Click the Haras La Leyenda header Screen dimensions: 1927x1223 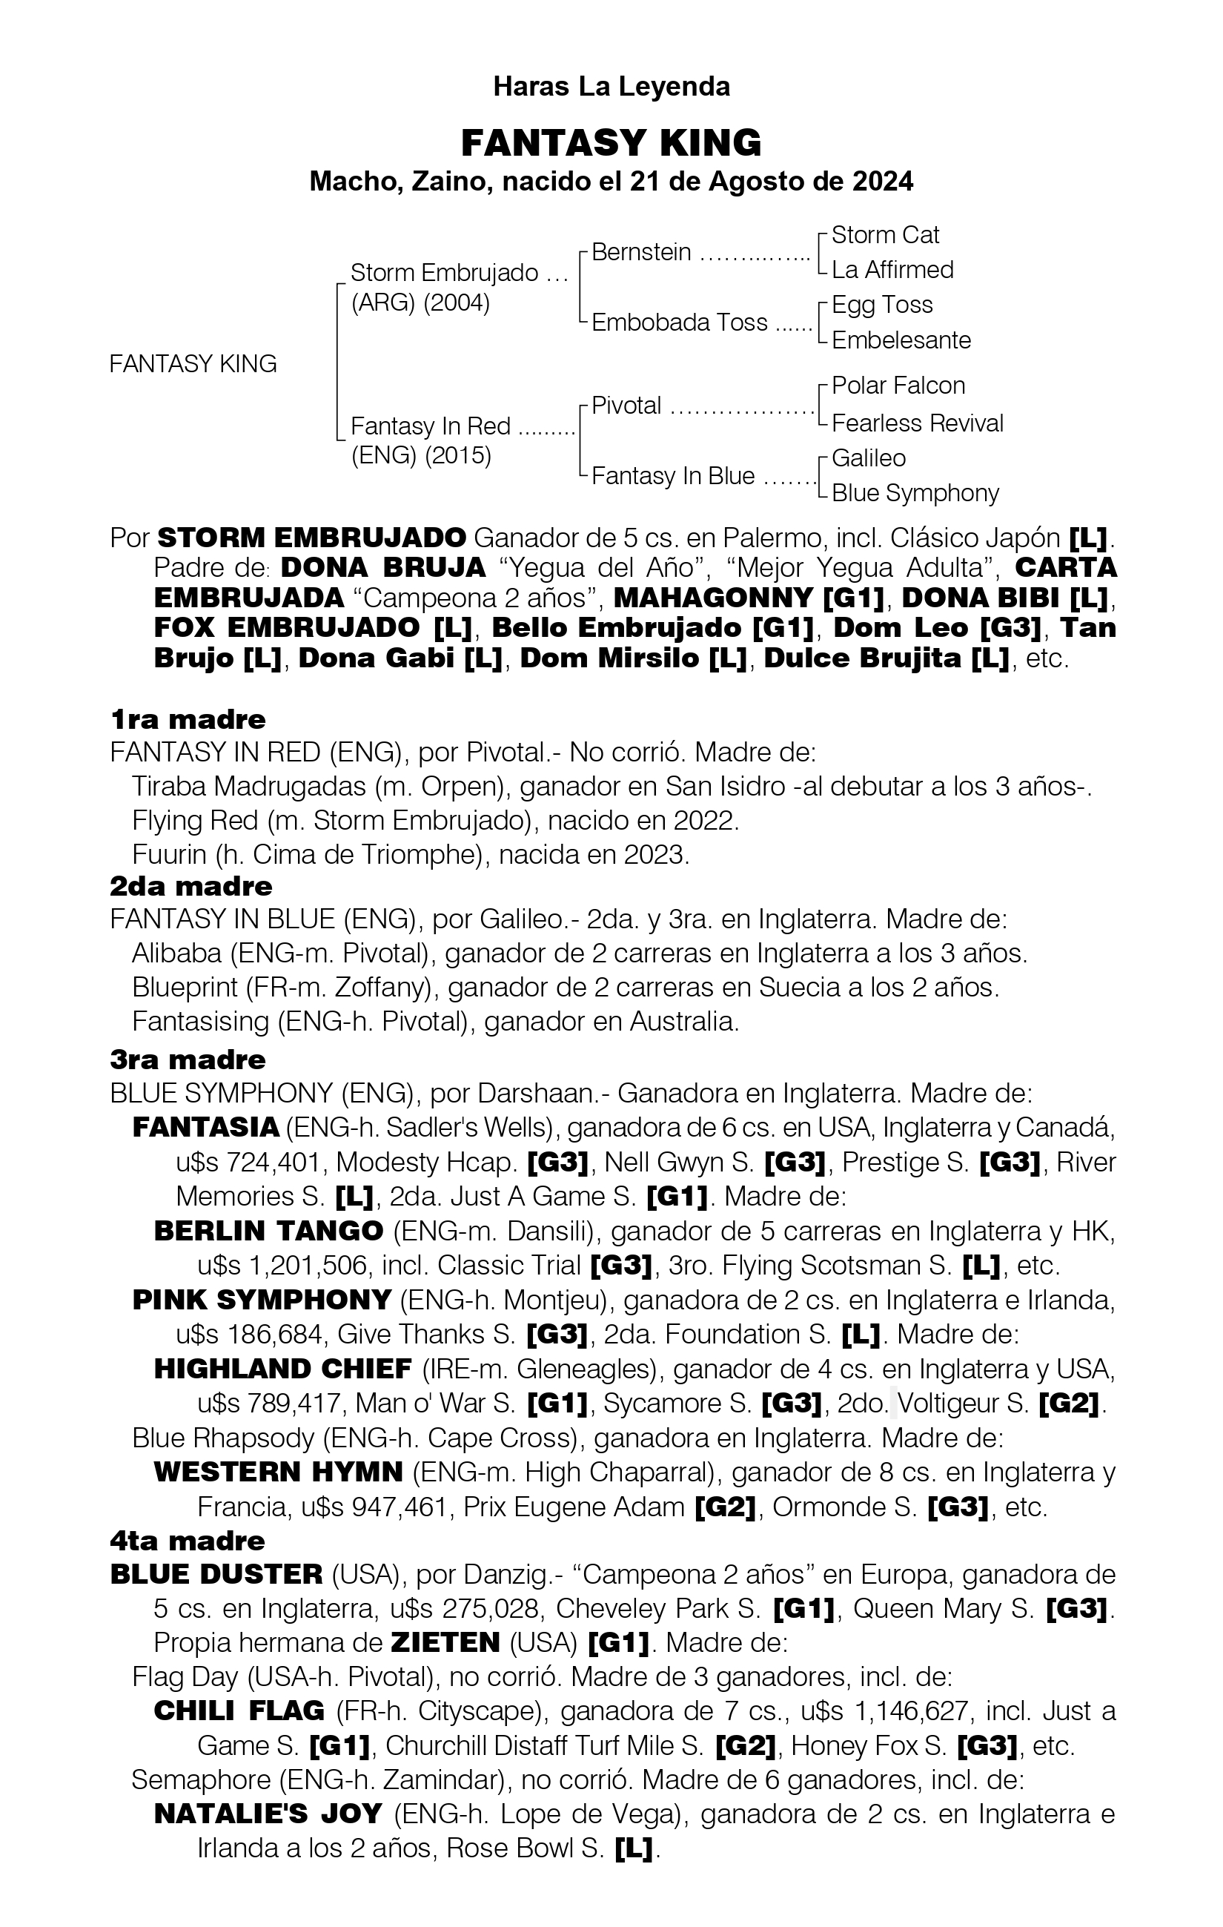pyautogui.click(x=611, y=87)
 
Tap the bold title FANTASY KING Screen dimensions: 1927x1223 pyautogui.click(x=611, y=143)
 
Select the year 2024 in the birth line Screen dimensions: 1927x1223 pyautogui.click(x=881, y=182)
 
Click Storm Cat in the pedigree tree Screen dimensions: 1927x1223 pyautogui.click(x=885, y=234)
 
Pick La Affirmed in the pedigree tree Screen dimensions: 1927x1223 pyautogui.click(x=892, y=270)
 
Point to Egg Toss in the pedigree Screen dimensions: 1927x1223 pyautogui.click(x=881, y=305)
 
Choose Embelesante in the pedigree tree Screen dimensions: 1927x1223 pyautogui.click(x=901, y=340)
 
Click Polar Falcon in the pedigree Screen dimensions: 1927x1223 pyautogui.click(x=898, y=386)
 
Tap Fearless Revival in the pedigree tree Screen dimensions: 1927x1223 pyautogui.click(x=917, y=423)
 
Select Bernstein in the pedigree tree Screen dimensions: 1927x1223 pyautogui.click(x=640, y=252)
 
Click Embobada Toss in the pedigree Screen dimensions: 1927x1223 pyautogui.click(x=679, y=323)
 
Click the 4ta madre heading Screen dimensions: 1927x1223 pyautogui.click(x=188, y=1541)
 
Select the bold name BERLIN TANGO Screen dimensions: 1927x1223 pyautogui.click(x=268, y=1231)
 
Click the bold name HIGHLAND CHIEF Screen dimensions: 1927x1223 pyautogui.click(x=282, y=1369)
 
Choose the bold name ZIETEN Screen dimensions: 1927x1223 pyautogui.click(x=445, y=1643)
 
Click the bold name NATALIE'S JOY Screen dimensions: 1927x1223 pyautogui.click(x=267, y=1814)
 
